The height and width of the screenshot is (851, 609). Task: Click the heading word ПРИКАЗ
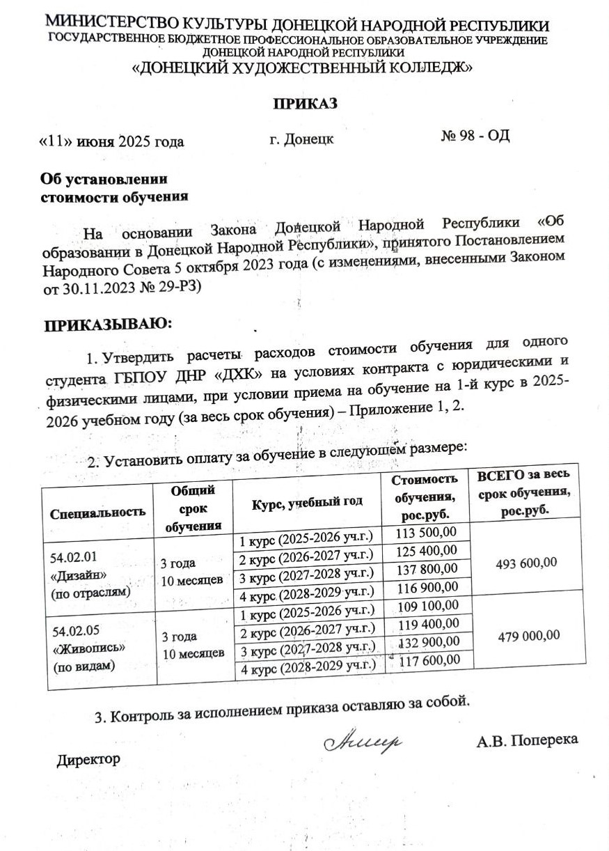[x=304, y=104]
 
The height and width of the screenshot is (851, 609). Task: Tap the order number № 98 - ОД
[x=475, y=135]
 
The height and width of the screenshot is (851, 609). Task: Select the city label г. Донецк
[x=301, y=139]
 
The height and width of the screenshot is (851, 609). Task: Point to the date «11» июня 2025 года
[x=111, y=142]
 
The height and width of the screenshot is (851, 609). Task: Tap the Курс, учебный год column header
[x=307, y=501]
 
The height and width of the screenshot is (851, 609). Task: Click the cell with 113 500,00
[x=427, y=533]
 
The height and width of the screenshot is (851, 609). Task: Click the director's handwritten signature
[x=363, y=740]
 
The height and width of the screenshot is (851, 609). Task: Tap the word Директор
[x=88, y=758]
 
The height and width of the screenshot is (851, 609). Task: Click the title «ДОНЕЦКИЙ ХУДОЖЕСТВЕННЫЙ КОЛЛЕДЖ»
[x=303, y=68]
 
